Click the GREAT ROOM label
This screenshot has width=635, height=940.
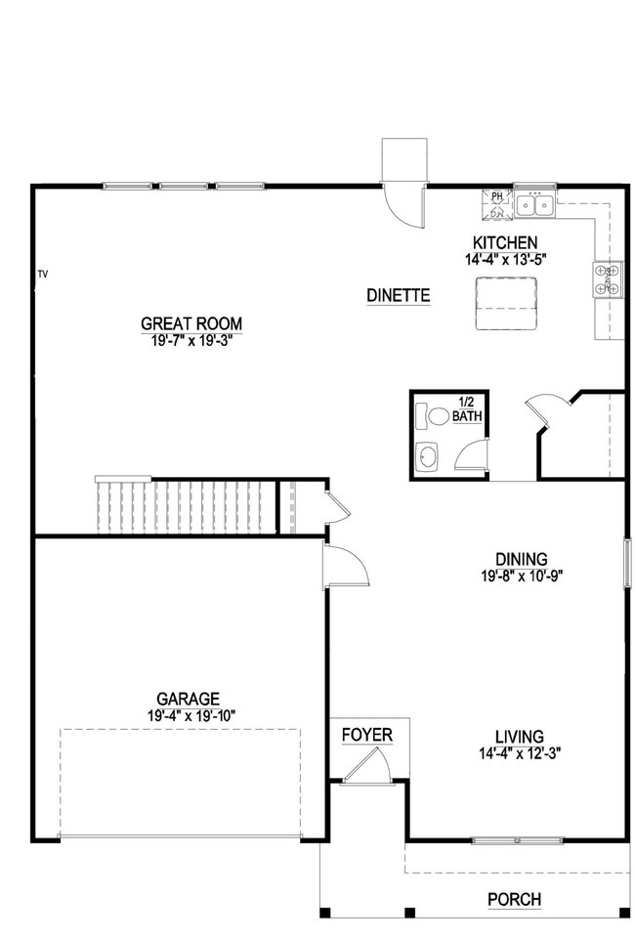click(x=191, y=324)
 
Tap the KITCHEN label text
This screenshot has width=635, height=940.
click(x=505, y=243)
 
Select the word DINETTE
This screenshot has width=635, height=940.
click(x=399, y=295)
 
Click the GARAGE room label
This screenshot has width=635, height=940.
click(x=188, y=699)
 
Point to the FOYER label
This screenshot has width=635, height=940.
click(x=367, y=734)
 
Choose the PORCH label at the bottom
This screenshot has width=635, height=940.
click(x=515, y=900)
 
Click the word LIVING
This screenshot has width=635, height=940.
click(x=519, y=737)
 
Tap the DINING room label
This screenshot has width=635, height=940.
click(x=520, y=559)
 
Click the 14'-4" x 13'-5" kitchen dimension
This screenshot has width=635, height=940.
click(x=505, y=260)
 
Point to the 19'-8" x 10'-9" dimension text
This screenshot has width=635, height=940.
click(x=520, y=576)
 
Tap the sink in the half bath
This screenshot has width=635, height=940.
click(x=428, y=457)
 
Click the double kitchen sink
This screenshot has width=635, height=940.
click(x=535, y=205)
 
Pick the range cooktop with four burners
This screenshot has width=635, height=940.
click(x=601, y=279)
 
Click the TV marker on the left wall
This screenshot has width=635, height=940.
click(x=42, y=275)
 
